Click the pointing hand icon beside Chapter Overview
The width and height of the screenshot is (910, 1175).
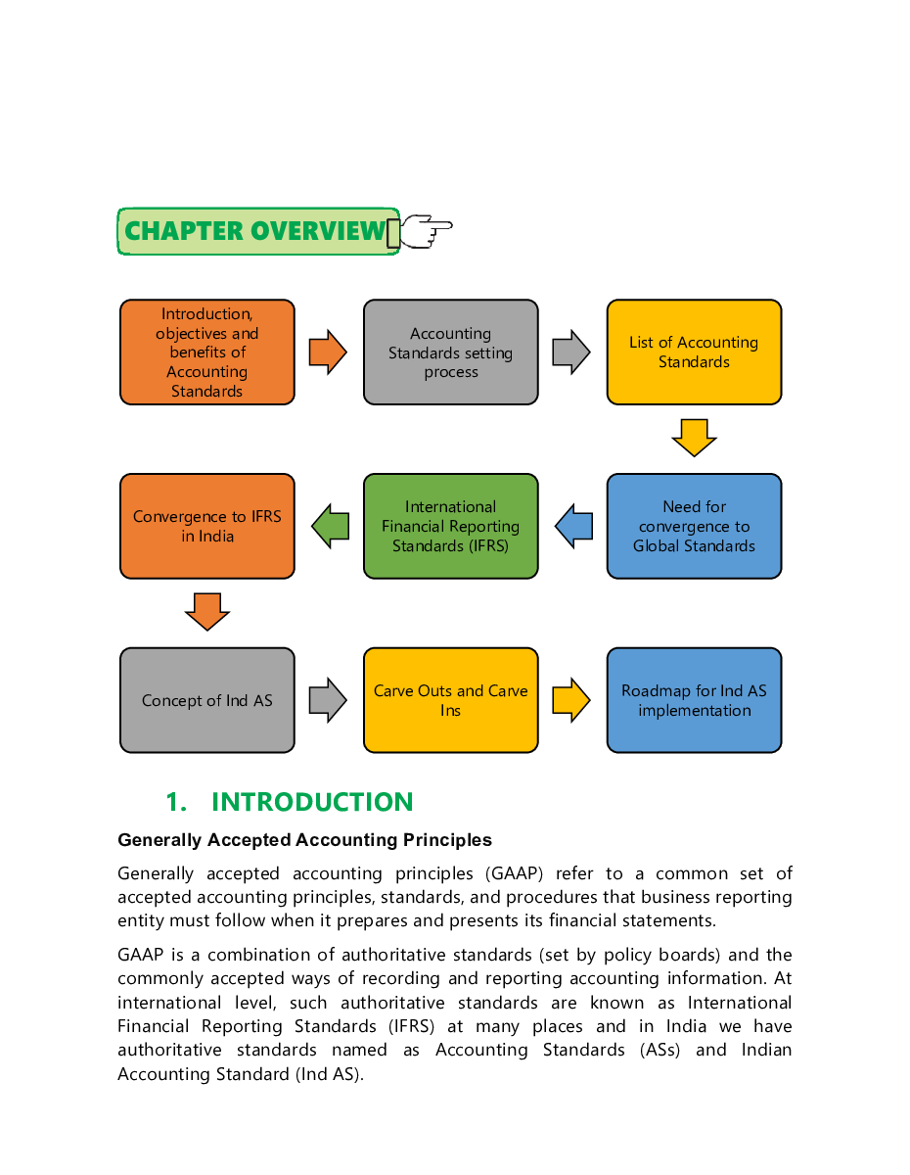click(424, 231)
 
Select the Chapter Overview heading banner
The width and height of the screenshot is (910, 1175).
click(256, 231)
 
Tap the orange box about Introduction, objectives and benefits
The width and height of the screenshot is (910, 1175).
click(206, 352)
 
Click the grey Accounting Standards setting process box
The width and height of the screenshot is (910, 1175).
click(450, 352)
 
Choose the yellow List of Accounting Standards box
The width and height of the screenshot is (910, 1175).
click(694, 352)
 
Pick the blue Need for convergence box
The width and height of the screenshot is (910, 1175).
click(694, 527)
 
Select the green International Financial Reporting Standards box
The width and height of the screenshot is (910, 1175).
click(450, 527)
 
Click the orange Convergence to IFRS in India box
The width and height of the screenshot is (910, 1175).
click(206, 527)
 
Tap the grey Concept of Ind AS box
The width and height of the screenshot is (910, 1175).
click(206, 700)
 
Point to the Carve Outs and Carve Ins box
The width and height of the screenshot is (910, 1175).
click(450, 700)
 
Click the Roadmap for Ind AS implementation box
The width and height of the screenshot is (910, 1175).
click(694, 700)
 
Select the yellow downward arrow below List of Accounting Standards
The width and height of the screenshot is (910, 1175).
click(694, 437)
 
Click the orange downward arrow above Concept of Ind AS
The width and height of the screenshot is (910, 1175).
click(206, 611)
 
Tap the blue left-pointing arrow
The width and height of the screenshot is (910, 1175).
click(573, 527)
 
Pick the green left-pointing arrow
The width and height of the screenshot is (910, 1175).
click(331, 527)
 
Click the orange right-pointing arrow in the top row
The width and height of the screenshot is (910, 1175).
click(328, 352)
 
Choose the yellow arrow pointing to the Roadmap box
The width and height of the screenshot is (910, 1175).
click(571, 700)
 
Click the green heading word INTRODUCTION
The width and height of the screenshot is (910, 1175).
click(312, 803)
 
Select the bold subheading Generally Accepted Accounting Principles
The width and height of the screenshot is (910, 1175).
click(304, 840)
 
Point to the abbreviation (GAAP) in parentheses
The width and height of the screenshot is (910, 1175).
click(509, 873)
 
